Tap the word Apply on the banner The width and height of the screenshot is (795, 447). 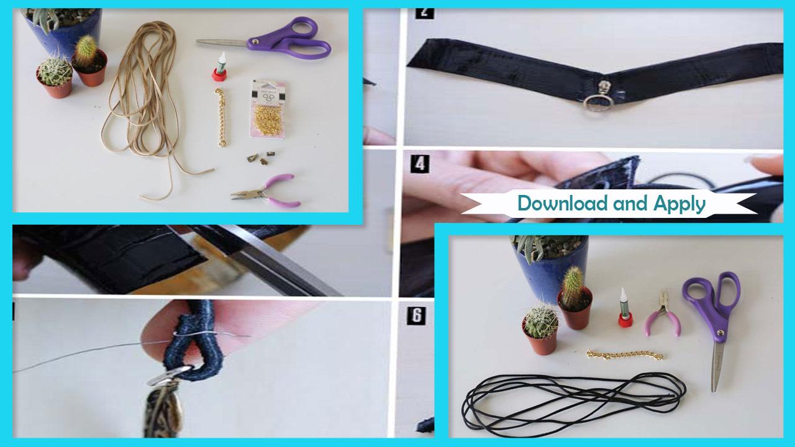pyautogui.click(x=679, y=205)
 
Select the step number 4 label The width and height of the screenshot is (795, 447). pyautogui.click(x=420, y=164)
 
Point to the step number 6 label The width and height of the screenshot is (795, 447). pyautogui.click(x=416, y=315)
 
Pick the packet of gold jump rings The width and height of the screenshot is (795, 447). pyautogui.click(x=267, y=109)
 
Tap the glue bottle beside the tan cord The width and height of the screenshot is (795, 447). pyautogui.click(x=220, y=67)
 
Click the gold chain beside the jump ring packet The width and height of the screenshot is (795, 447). pyautogui.click(x=221, y=117)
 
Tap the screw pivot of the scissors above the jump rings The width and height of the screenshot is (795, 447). pyautogui.click(x=255, y=42)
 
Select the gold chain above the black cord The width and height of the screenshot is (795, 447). pyautogui.click(x=625, y=354)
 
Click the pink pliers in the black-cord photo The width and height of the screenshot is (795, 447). pyautogui.click(x=662, y=314)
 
